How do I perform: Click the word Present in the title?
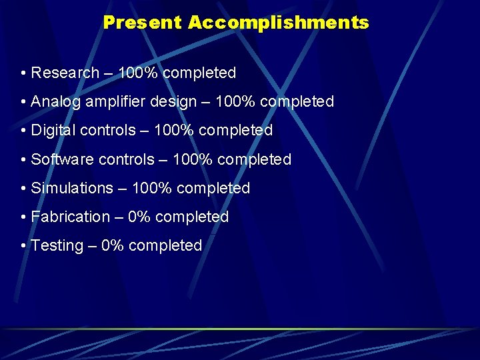pos(142,23)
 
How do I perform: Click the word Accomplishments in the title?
pos(278,23)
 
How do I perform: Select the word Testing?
pos(57,246)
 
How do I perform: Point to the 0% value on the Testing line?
pos(113,246)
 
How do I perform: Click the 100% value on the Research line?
pos(137,73)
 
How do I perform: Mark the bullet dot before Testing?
pos(23,246)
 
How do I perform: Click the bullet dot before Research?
pos(23,73)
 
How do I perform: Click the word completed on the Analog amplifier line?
pos(297,102)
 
